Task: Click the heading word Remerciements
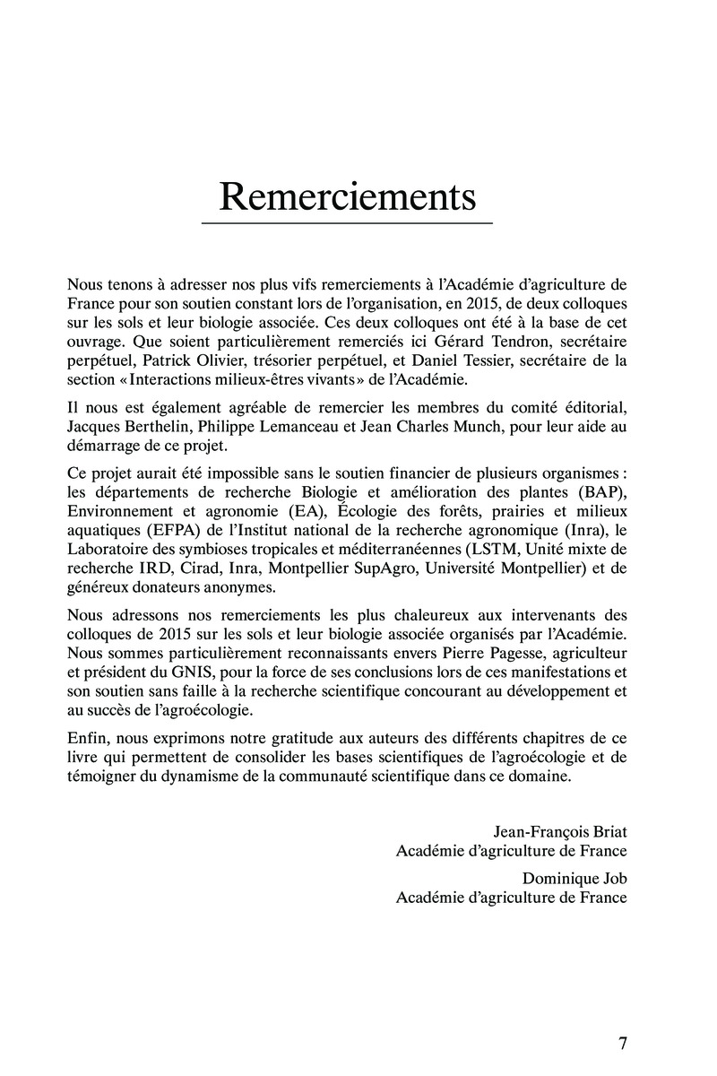348,197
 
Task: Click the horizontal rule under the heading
348,222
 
